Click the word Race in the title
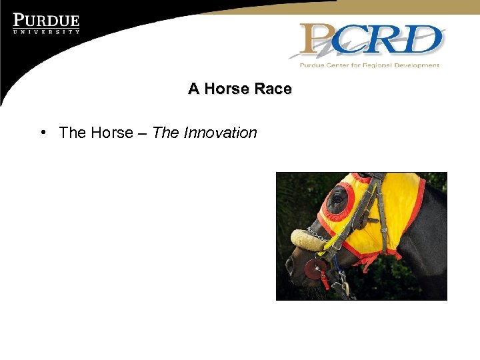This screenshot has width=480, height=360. click(x=273, y=89)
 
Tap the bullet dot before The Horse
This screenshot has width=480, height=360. click(x=42, y=132)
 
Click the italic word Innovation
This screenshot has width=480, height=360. click(x=220, y=133)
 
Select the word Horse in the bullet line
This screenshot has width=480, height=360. click(x=112, y=133)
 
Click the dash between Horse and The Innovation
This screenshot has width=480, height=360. click(x=143, y=133)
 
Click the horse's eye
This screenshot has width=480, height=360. click(x=339, y=199)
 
